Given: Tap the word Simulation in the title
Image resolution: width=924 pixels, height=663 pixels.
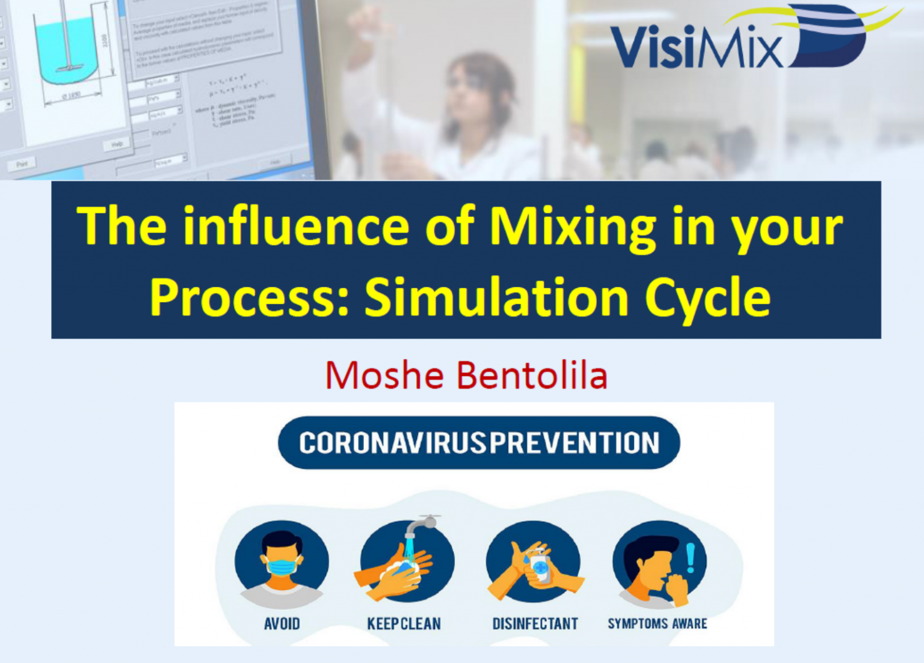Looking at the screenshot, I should click(x=496, y=298).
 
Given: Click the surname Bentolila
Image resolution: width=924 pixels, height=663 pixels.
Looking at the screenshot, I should click(x=532, y=376).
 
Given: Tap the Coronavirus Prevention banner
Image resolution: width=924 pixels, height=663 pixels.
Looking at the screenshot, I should click(x=479, y=443).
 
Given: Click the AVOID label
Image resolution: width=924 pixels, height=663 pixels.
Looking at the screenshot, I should click(x=282, y=624).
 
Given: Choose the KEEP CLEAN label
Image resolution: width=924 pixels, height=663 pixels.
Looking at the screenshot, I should click(x=404, y=624).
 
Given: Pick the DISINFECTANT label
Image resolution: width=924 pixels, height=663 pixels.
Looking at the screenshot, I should click(x=535, y=624).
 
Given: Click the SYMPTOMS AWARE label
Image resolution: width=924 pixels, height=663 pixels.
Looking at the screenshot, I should click(x=658, y=624).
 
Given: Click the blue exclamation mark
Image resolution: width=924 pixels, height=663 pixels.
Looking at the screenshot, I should click(x=691, y=558).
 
